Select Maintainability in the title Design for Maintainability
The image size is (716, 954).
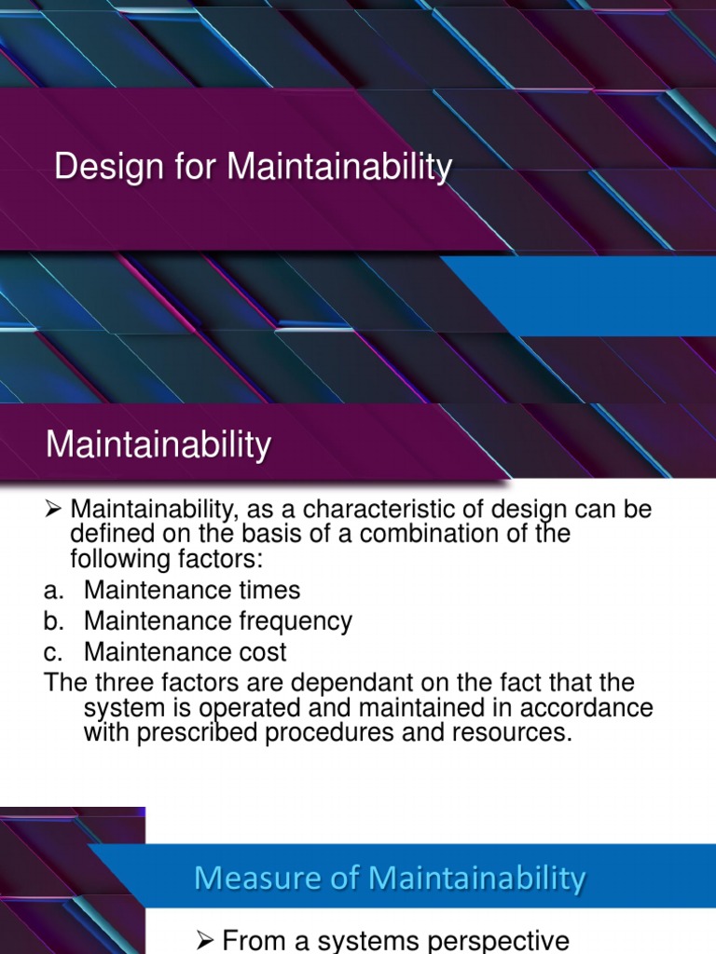click(339, 168)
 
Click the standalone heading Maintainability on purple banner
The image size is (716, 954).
click(158, 444)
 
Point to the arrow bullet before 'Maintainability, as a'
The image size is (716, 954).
click(53, 510)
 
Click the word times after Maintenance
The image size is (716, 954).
click(267, 590)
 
